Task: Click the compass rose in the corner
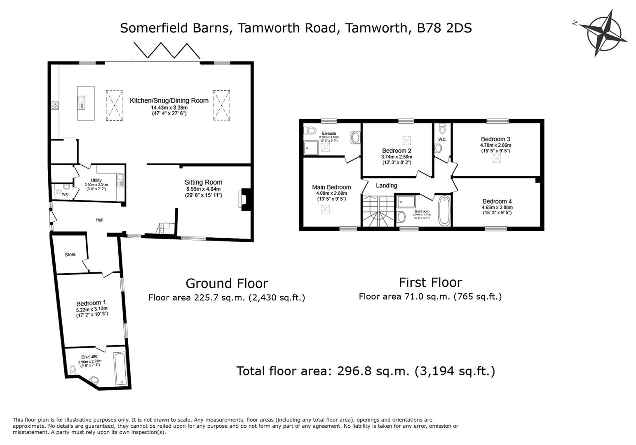[x=604, y=33]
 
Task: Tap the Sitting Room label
[x=203, y=182]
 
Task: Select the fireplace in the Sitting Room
[x=244, y=200]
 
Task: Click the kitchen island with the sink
[x=86, y=103]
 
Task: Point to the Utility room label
[x=96, y=180]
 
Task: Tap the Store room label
[x=70, y=255]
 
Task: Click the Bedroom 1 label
[x=91, y=302]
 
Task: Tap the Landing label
[x=386, y=186]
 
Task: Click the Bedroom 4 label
[x=497, y=201]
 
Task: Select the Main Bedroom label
[x=331, y=187]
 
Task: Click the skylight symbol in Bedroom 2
[x=406, y=141]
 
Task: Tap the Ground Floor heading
[x=227, y=283]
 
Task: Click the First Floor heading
[x=430, y=282]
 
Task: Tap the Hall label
[x=99, y=220]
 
